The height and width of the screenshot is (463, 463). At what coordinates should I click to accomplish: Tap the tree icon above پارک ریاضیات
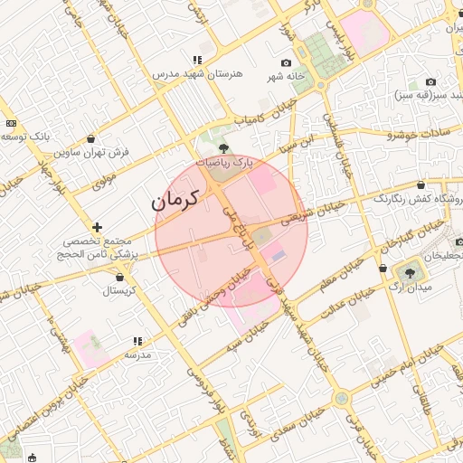tap(224, 146)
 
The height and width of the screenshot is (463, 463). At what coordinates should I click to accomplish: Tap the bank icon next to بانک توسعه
tap(11, 122)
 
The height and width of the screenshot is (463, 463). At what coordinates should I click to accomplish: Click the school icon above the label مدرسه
tap(137, 341)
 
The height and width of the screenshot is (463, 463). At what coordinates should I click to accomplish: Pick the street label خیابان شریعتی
tap(313, 213)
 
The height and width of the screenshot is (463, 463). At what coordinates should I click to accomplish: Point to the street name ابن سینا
tap(299, 142)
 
